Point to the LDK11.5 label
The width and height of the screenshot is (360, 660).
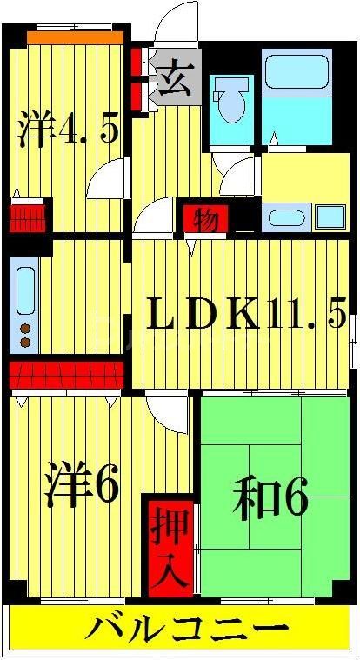[x=247, y=314]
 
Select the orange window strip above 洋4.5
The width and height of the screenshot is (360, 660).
[x=73, y=37]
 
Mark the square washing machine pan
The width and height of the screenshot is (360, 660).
[x=330, y=216]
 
